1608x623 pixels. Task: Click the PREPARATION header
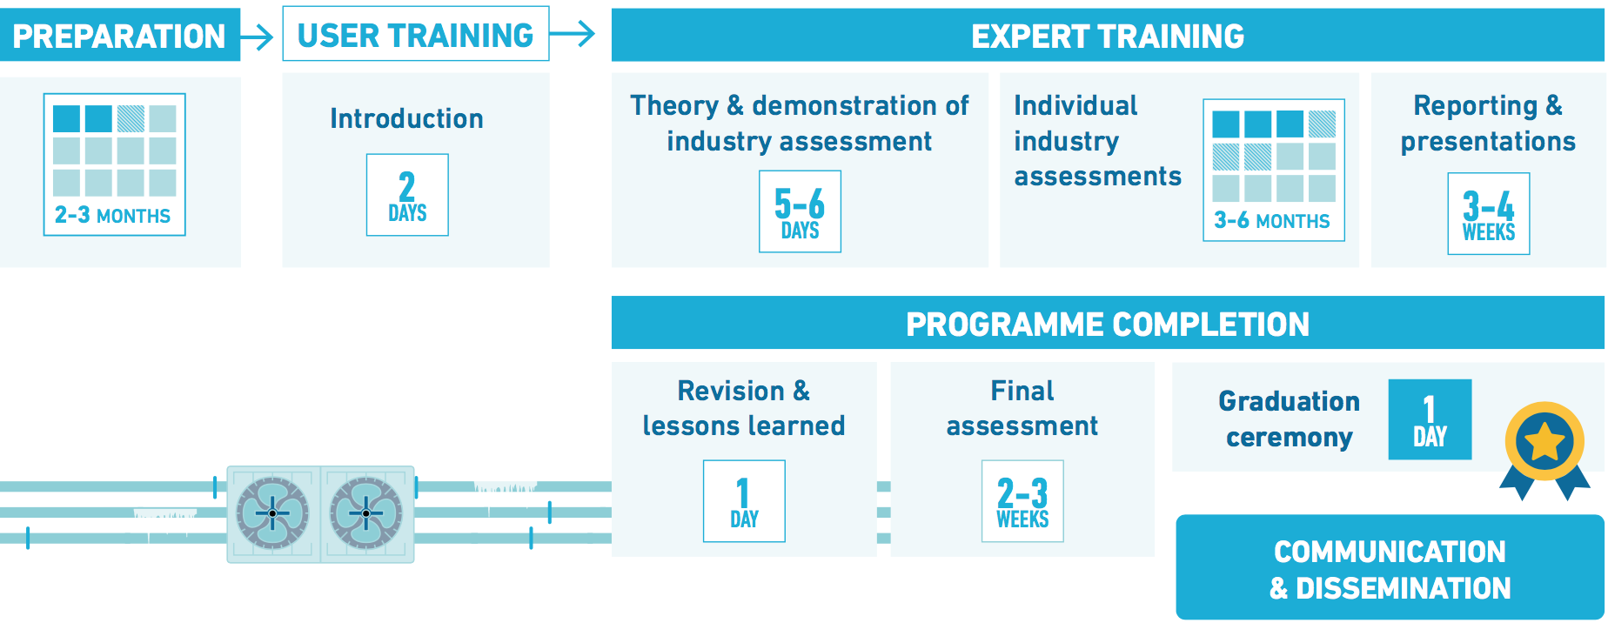[119, 36]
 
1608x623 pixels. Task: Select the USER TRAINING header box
[416, 34]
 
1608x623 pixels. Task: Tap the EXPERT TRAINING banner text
[1108, 37]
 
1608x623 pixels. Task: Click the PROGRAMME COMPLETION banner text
[1108, 325]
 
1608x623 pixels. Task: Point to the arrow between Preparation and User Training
[257, 37]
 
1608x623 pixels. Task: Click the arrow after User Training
[573, 34]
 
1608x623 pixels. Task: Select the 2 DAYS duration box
[407, 195]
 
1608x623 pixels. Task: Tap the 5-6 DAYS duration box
[800, 211]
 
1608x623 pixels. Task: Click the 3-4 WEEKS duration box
[1488, 214]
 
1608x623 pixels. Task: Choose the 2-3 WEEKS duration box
[1022, 501]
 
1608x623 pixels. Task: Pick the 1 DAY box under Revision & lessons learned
[744, 501]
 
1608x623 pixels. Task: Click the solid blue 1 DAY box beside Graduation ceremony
[1430, 419]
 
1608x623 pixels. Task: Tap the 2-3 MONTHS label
[112, 215]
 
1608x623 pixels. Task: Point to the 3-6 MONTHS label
[1272, 220]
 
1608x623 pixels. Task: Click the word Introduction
[406, 118]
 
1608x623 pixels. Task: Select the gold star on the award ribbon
[1544, 441]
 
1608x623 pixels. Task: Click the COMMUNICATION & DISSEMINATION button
[1390, 567]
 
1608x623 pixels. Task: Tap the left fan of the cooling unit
[272, 513]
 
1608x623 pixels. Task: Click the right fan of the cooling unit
[366, 513]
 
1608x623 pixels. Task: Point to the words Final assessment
[1022, 408]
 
